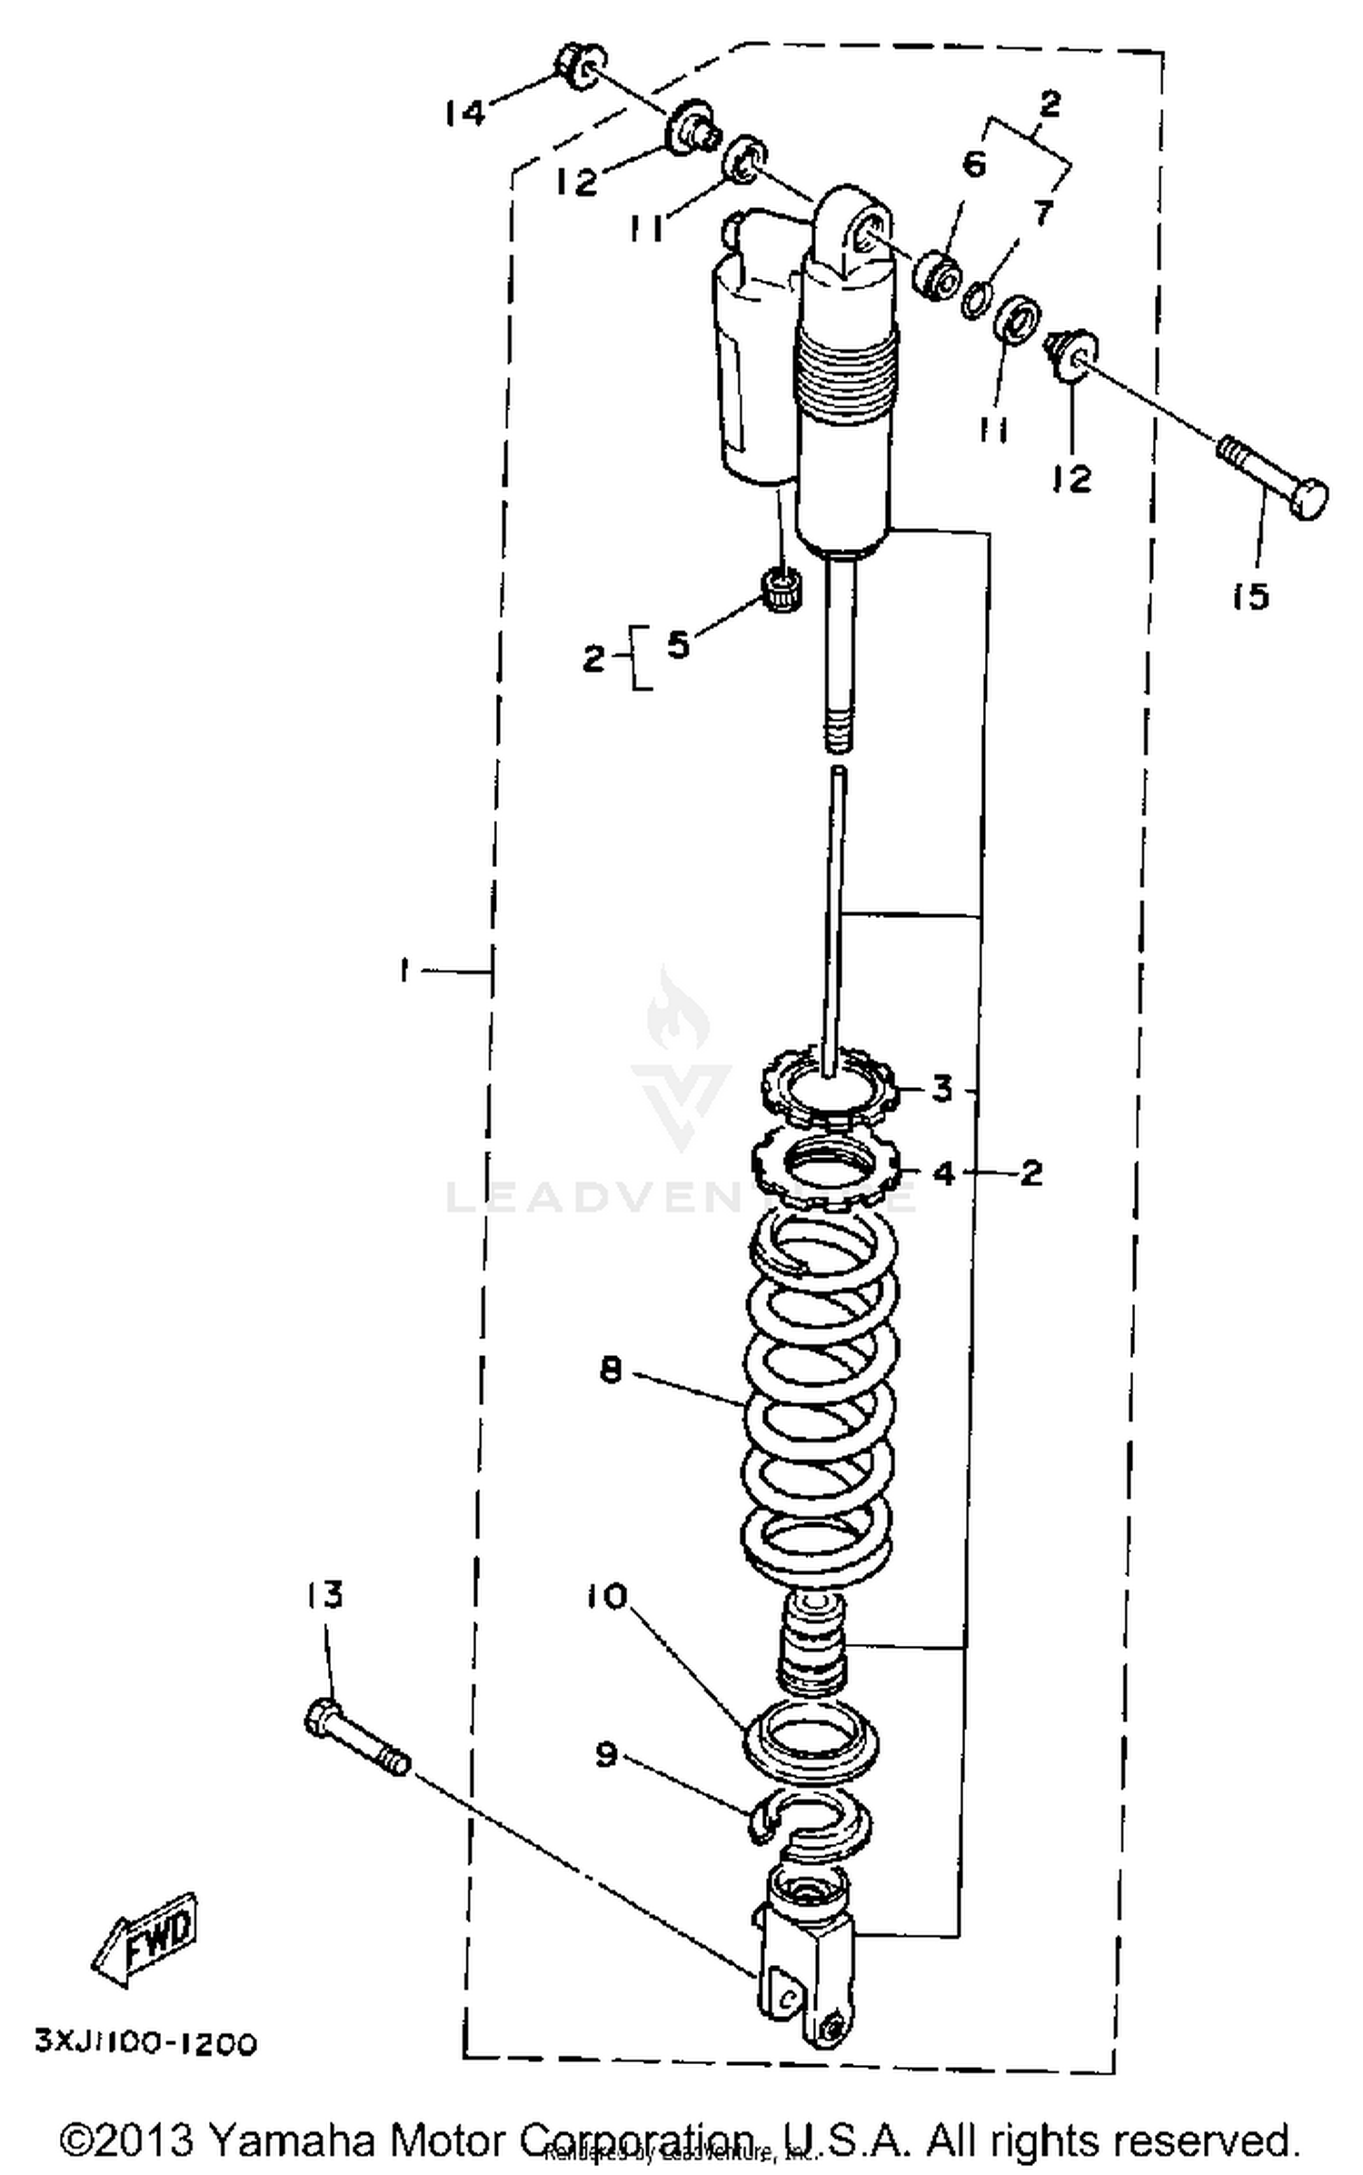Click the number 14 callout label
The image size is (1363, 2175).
tap(465, 113)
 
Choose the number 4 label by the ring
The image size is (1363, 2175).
tap(944, 1173)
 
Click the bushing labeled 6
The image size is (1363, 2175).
tap(937, 273)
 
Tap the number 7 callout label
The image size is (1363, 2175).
tap(1043, 213)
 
